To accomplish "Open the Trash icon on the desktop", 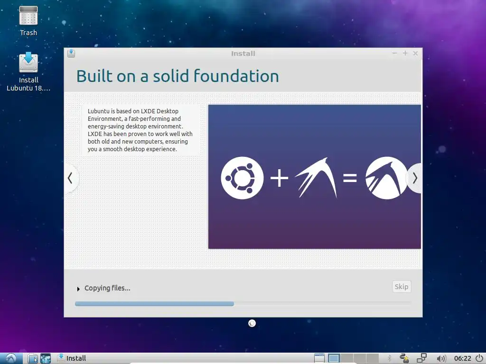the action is point(28,16).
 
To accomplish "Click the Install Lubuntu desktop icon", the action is point(28,62).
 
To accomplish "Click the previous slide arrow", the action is point(70,178).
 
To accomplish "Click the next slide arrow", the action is point(415,178).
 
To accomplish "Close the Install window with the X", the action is point(415,54).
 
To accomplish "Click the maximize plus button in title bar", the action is point(405,53).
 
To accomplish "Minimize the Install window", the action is point(394,53).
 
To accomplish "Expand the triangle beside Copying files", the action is point(78,289).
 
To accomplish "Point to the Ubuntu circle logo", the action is point(243,178).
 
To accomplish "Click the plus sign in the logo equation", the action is point(279,178).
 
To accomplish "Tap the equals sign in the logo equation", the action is point(350,178).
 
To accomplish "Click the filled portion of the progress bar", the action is point(154,304).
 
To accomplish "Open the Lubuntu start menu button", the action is point(11,358).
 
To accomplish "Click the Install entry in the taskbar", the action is point(72,358).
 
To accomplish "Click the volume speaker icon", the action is point(441,358).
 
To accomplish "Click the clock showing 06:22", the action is point(462,358).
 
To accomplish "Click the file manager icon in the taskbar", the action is point(33,358).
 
